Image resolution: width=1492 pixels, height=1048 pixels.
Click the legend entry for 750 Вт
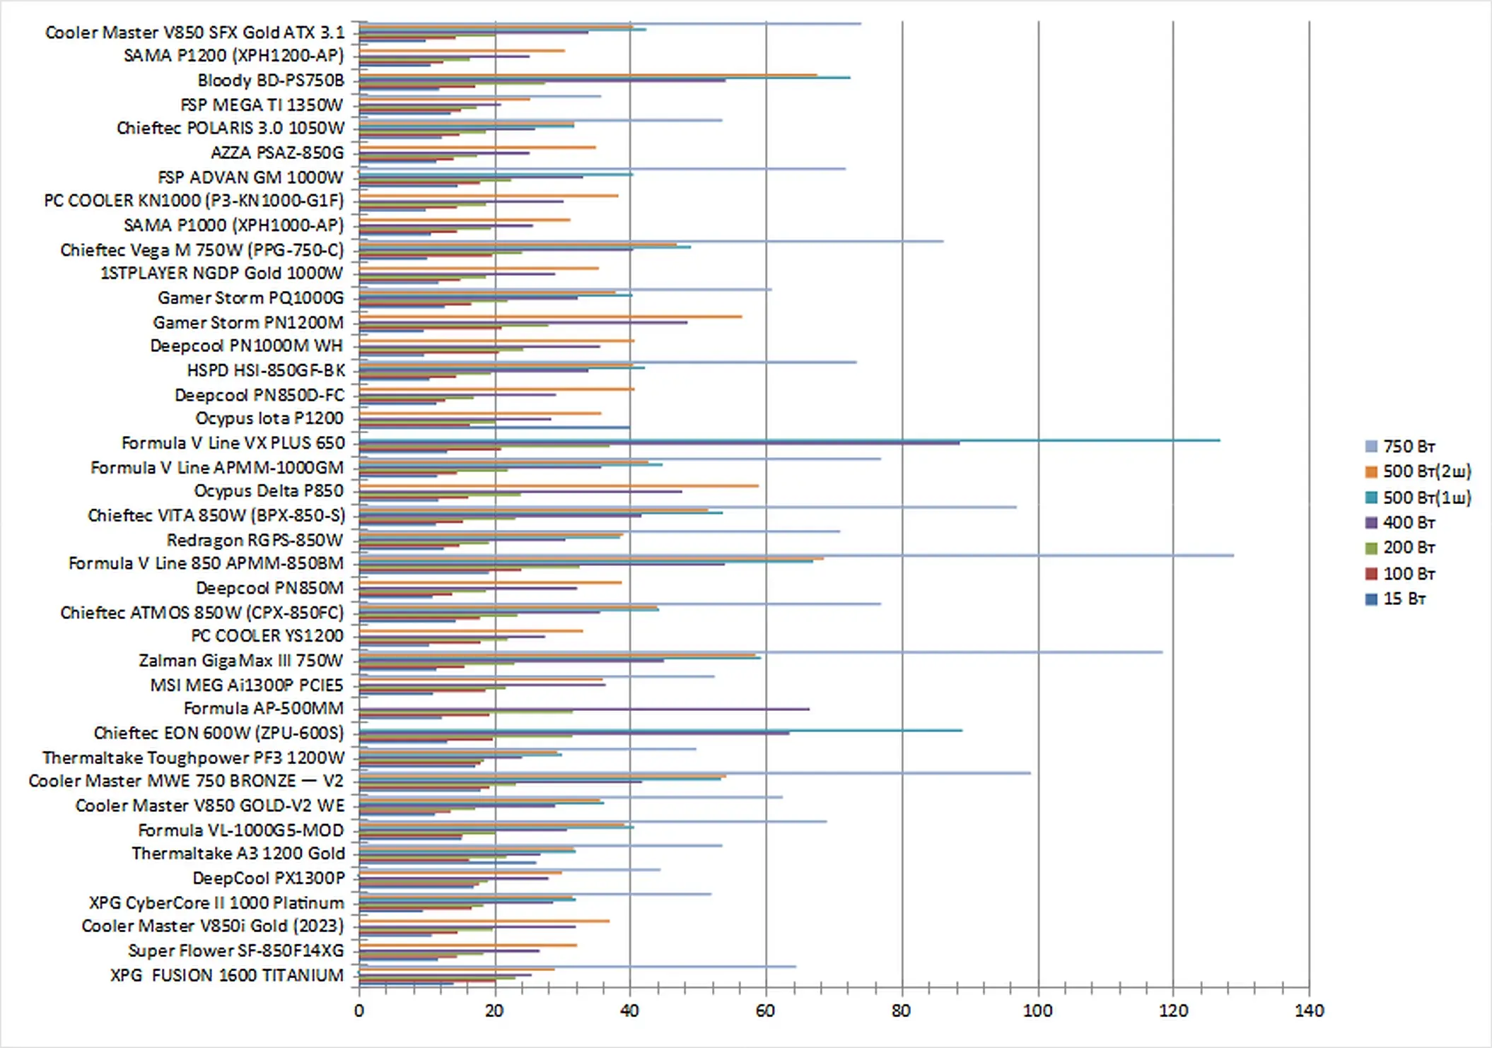pyautogui.click(x=1408, y=447)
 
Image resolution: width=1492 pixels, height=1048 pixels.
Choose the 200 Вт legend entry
pyautogui.click(x=1408, y=548)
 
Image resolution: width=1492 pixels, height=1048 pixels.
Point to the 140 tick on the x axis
pyautogui.click(x=1309, y=1011)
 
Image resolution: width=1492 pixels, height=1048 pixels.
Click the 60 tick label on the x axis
pyautogui.click(x=765, y=1011)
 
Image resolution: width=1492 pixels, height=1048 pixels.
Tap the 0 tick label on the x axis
pyautogui.click(x=359, y=1011)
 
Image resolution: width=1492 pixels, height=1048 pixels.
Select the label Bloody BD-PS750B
pyautogui.click(x=271, y=81)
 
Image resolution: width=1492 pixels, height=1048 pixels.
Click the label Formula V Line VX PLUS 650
pyautogui.click(x=233, y=443)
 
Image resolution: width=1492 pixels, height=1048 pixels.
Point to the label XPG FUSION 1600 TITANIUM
pyautogui.click(x=226, y=975)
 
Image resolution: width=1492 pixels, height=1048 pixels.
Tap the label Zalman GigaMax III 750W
pyautogui.click(x=240, y=661)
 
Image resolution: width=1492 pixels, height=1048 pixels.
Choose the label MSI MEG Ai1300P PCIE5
pyautogui.click(x=246, y=685)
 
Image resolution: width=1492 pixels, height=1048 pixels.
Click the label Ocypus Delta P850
pyautogui.click(x=269, y=491)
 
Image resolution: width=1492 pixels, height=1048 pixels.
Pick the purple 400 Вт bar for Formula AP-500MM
pyautogui.click(x=636, y=709)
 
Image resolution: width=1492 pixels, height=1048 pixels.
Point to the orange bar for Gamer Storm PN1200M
pyautogui.click(x=566, y=317)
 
